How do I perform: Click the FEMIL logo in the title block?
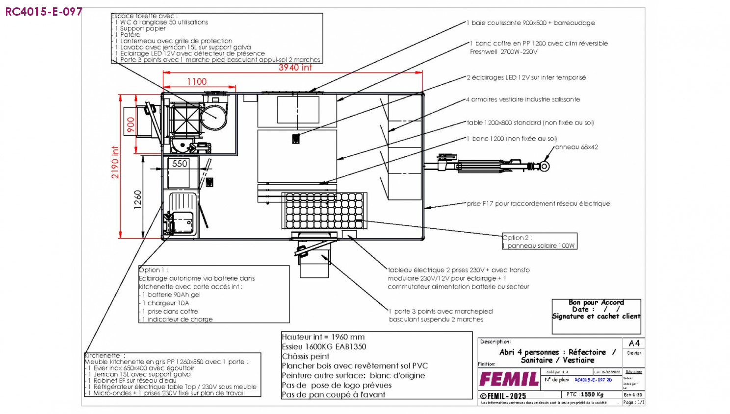point(509,379)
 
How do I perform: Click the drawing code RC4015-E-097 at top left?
point(44,12)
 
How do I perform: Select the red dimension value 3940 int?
point(295,68)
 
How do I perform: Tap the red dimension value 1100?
point(197,82)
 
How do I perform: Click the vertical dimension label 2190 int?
point(115,162)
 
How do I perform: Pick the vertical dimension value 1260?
point(138,200)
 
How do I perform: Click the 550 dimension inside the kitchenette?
point(180,164)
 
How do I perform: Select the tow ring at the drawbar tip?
point(544,166)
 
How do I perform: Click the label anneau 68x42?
point(576,147)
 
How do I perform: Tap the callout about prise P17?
point(538,204)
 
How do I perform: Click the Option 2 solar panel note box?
point(539,242)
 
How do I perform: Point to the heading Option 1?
point(154,270)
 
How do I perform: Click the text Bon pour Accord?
point(596,302)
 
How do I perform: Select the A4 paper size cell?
point(634,343)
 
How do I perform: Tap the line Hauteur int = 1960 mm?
point(323,337)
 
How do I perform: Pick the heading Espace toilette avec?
point(145,16)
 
